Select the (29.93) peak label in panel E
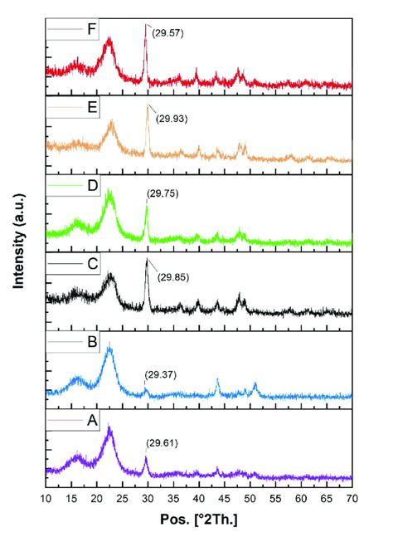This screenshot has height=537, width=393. click(172, 118)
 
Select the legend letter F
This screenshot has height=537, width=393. click(91, 29)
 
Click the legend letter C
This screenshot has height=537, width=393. click(92, 266)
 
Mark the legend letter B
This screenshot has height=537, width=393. click(92, 344)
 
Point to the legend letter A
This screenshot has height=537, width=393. click(92, 422)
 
